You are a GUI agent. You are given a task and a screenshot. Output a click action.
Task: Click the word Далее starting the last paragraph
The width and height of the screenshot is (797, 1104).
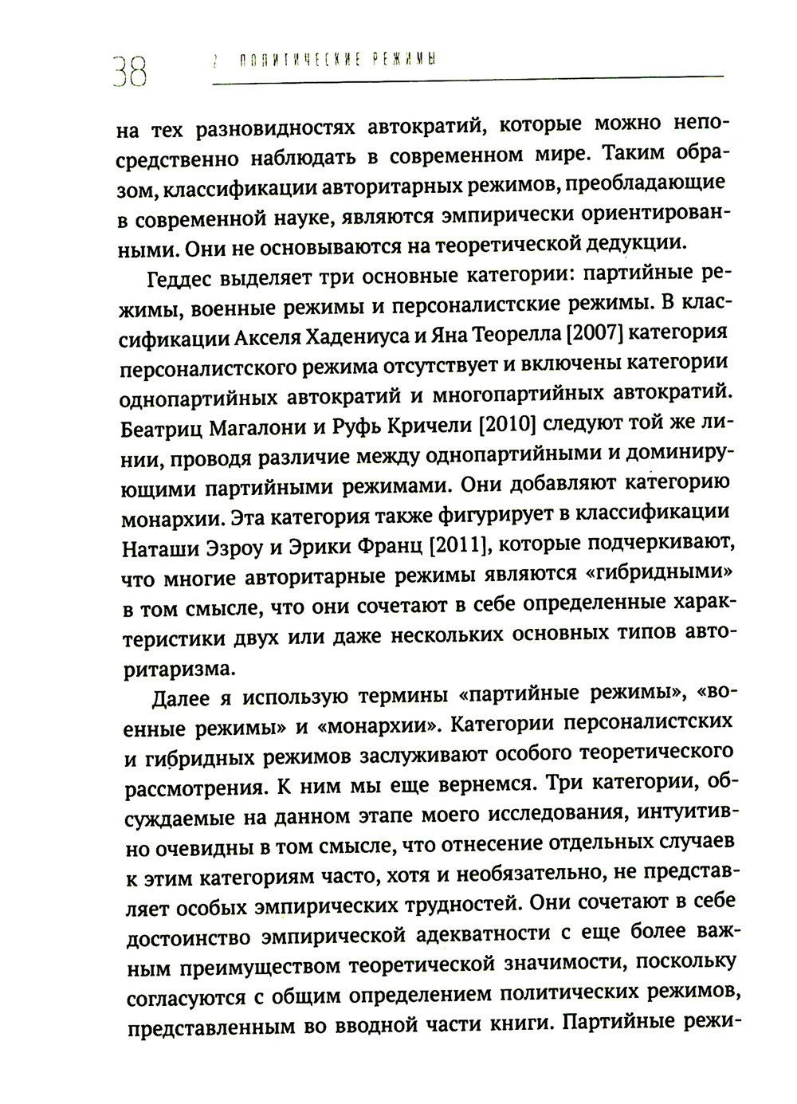click(x=179, y=699)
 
